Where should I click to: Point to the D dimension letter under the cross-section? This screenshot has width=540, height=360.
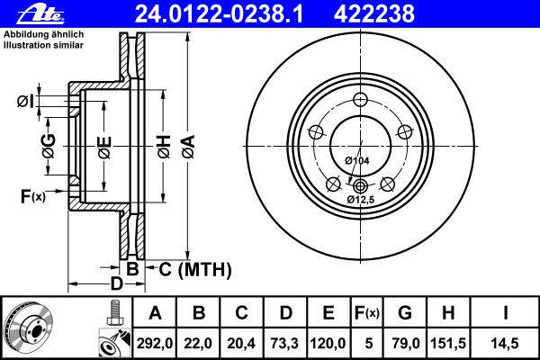point(115,284)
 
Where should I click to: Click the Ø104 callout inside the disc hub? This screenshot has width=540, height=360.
point(357,159)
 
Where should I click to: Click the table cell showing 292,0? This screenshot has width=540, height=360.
point(155,342)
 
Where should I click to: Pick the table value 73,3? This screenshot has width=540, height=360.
point(285,342)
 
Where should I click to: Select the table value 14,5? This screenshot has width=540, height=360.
point(506,342)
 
